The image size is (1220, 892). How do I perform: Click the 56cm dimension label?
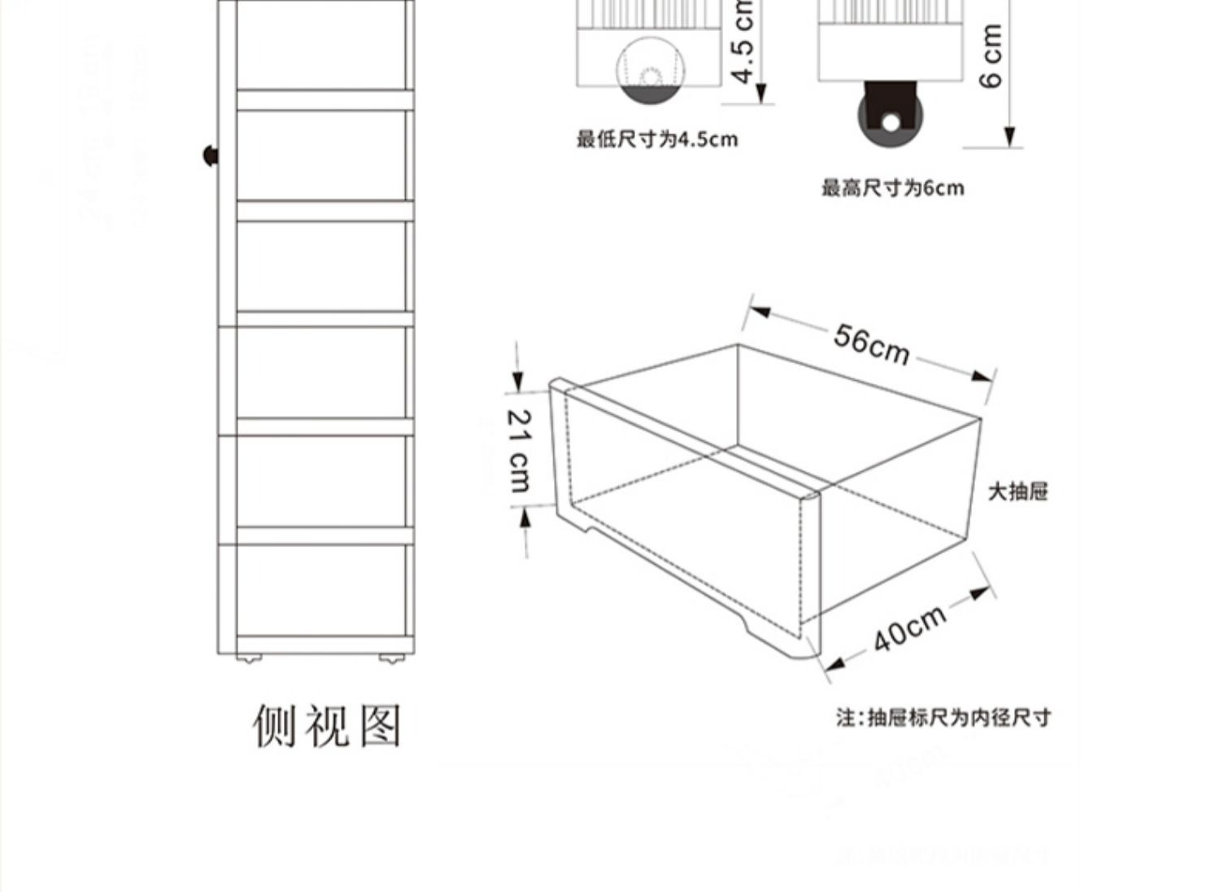[871, 344]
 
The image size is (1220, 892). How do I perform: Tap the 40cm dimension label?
[910, 627]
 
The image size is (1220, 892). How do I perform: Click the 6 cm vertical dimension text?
[991, 55]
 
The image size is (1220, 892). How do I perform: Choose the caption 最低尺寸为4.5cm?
[657, 139]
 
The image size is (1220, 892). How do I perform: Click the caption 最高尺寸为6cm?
[892, 188]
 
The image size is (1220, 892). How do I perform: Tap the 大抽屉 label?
[1017, 492]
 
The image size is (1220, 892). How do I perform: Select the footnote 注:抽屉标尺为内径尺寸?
[943, 718]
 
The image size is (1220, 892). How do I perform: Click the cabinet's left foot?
[248, 657]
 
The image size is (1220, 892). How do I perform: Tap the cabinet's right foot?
[390, 657]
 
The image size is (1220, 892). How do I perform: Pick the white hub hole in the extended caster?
[891, 123]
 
